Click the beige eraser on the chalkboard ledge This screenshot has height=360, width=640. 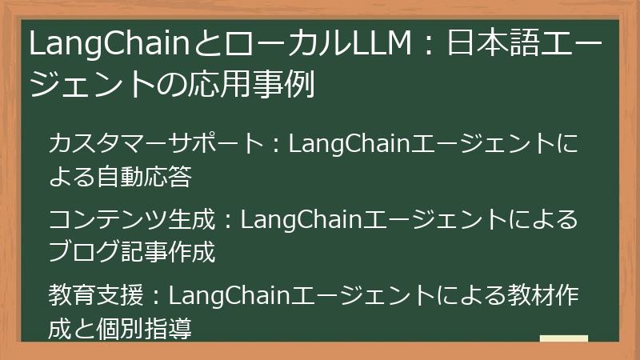[x=564, y=338]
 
